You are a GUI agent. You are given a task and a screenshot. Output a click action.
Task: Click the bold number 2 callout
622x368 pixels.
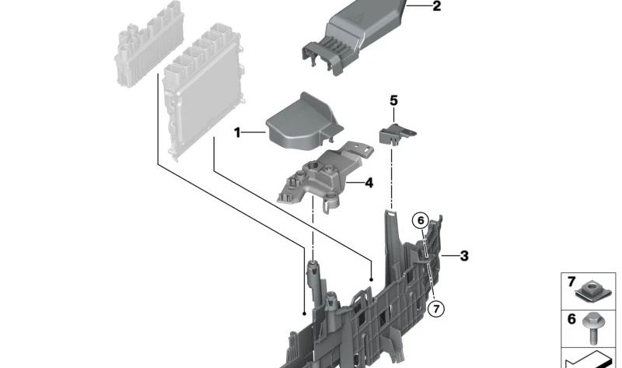click(436, 6)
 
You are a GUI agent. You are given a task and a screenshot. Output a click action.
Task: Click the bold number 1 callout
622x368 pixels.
click(237, 132)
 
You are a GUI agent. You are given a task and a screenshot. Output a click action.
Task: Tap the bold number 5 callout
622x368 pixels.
click(393, 101)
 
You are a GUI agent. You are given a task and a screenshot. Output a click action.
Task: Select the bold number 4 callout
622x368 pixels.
click(369, 183)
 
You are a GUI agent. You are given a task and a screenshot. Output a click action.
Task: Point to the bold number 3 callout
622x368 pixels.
click(464, 256)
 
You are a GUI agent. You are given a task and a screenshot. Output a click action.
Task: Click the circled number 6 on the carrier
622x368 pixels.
click(421, 221)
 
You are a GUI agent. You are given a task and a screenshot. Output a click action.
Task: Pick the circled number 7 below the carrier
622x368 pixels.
click(436, 308)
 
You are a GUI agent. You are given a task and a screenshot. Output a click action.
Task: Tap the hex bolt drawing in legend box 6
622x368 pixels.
click(592, 328)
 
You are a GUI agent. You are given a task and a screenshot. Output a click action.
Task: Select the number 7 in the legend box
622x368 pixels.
click(571, 282)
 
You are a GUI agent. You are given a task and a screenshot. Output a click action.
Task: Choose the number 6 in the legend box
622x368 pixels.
click(571, 319)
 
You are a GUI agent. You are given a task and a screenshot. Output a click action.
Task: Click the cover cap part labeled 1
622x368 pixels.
click(304, 123)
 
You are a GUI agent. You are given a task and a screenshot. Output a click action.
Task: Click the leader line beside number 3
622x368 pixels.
click(449, 256)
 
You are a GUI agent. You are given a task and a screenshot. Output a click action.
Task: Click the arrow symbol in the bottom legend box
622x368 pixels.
click(588, 360)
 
